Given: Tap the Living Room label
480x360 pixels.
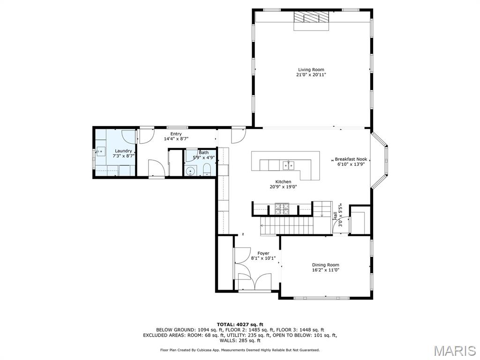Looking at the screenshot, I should tap(311, 70).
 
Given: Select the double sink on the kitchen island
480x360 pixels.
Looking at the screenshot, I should tap(288, 165).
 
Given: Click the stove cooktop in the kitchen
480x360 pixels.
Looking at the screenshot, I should tap(282, 208).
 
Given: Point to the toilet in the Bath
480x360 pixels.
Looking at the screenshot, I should tap(206, 171).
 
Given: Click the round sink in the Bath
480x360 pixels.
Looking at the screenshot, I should tap(190, 171).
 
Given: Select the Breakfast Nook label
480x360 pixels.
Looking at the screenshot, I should tap(351, 159).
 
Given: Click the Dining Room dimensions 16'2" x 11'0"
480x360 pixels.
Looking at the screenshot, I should tap(325, 270).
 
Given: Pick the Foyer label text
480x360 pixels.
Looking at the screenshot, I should tap(263, 253).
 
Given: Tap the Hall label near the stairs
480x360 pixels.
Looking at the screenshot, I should tap(335, 216).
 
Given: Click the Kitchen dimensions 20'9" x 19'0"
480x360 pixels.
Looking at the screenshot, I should tap(283, 187).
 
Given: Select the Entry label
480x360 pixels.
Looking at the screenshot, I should tap(176, 134).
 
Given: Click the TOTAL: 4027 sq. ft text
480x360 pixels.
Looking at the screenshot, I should tap(240, 324).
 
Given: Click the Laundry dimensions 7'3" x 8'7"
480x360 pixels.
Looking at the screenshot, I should tap(124, 156).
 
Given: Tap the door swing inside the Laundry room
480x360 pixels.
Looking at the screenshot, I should tap(129, 137).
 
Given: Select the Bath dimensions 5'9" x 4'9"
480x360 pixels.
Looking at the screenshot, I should tap(203, 157).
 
